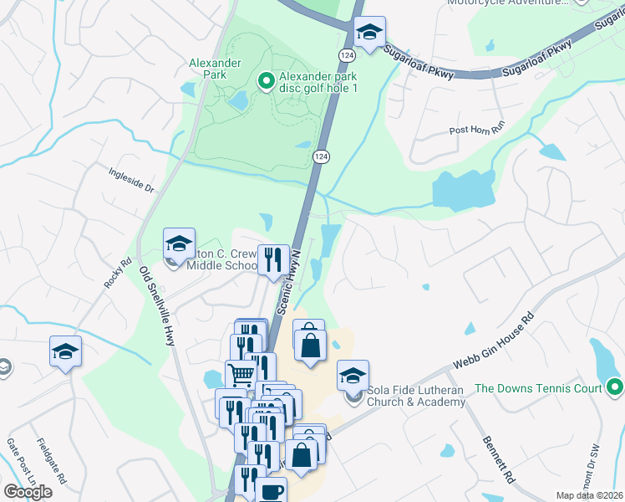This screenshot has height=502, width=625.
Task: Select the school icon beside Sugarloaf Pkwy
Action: [369, 33]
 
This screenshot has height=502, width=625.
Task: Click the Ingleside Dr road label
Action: [133, 179]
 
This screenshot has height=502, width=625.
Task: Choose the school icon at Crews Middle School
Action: [179, 244]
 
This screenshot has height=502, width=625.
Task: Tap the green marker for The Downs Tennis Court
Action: [616, 387]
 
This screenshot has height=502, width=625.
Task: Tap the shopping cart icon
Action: [241, 375]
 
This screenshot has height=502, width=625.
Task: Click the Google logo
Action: [28, 491]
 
